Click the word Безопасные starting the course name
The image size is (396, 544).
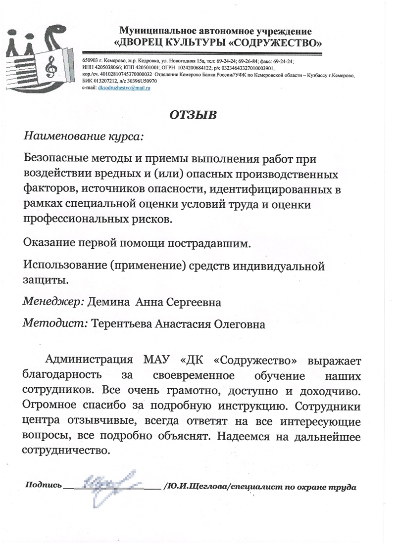click(59, 160)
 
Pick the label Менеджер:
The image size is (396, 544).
click(54, 302)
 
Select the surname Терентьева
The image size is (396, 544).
click(122, 324)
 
